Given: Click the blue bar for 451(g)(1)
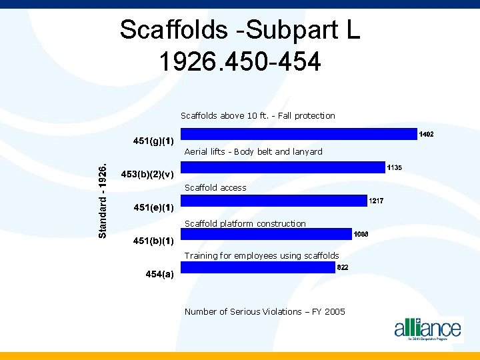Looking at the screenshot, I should point(298,134).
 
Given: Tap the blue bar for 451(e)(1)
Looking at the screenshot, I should point(273,201).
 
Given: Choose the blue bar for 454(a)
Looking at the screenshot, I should point(257,267).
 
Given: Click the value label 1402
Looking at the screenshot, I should point(426,135).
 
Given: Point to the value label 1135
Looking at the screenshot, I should point(394,167).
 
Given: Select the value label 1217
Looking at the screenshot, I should point(377,201).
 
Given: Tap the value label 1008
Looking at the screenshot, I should point(361,234).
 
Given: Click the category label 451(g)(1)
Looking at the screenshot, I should point(153,141).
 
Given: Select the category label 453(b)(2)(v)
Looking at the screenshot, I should point(147,175).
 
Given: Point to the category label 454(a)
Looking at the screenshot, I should point(159,275).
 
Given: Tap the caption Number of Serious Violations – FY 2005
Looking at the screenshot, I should point(265,311).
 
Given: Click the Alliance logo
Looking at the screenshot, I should point(427,329).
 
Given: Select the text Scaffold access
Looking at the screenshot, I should point(215,188).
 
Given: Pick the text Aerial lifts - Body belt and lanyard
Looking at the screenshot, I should point(253,151).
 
